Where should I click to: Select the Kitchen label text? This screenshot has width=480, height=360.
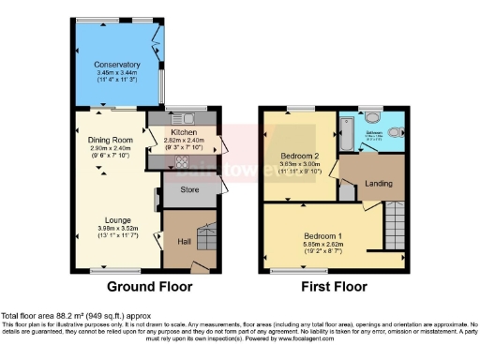(183, 132)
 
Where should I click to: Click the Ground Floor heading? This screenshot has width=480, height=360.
(150, 287)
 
